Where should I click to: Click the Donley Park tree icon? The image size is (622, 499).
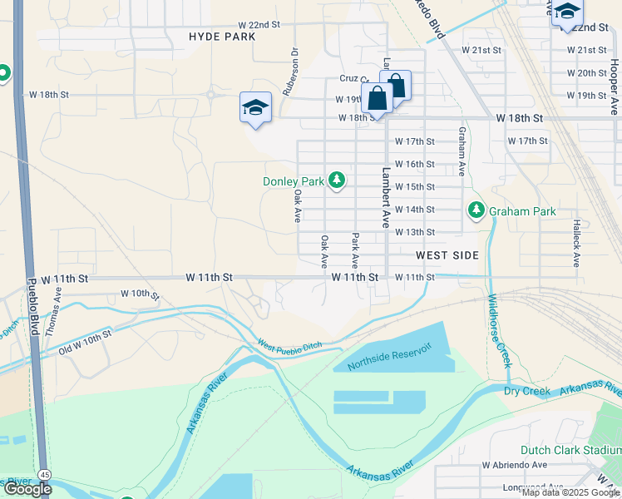337,180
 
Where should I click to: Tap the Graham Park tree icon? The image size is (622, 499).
476,210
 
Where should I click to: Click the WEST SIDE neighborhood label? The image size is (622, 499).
447,255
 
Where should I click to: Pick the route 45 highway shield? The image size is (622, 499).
42,474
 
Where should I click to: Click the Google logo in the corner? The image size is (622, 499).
27,489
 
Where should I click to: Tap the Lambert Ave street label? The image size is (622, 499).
386,198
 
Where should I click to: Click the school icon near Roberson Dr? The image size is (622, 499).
256,107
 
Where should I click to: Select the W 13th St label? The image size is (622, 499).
415,232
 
